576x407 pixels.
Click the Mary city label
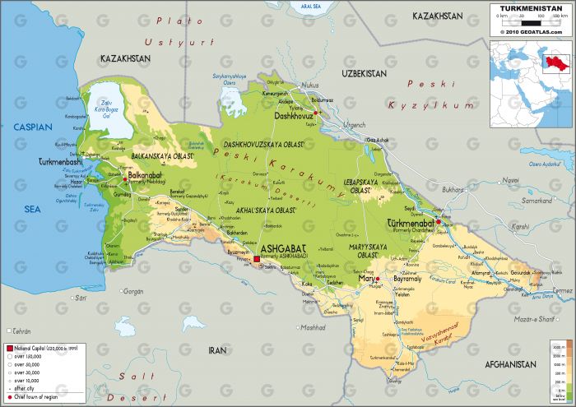(367, 279)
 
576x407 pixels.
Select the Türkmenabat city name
(415, 223)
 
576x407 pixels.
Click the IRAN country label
(217, 349)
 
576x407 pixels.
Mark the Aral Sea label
(288, 7)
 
